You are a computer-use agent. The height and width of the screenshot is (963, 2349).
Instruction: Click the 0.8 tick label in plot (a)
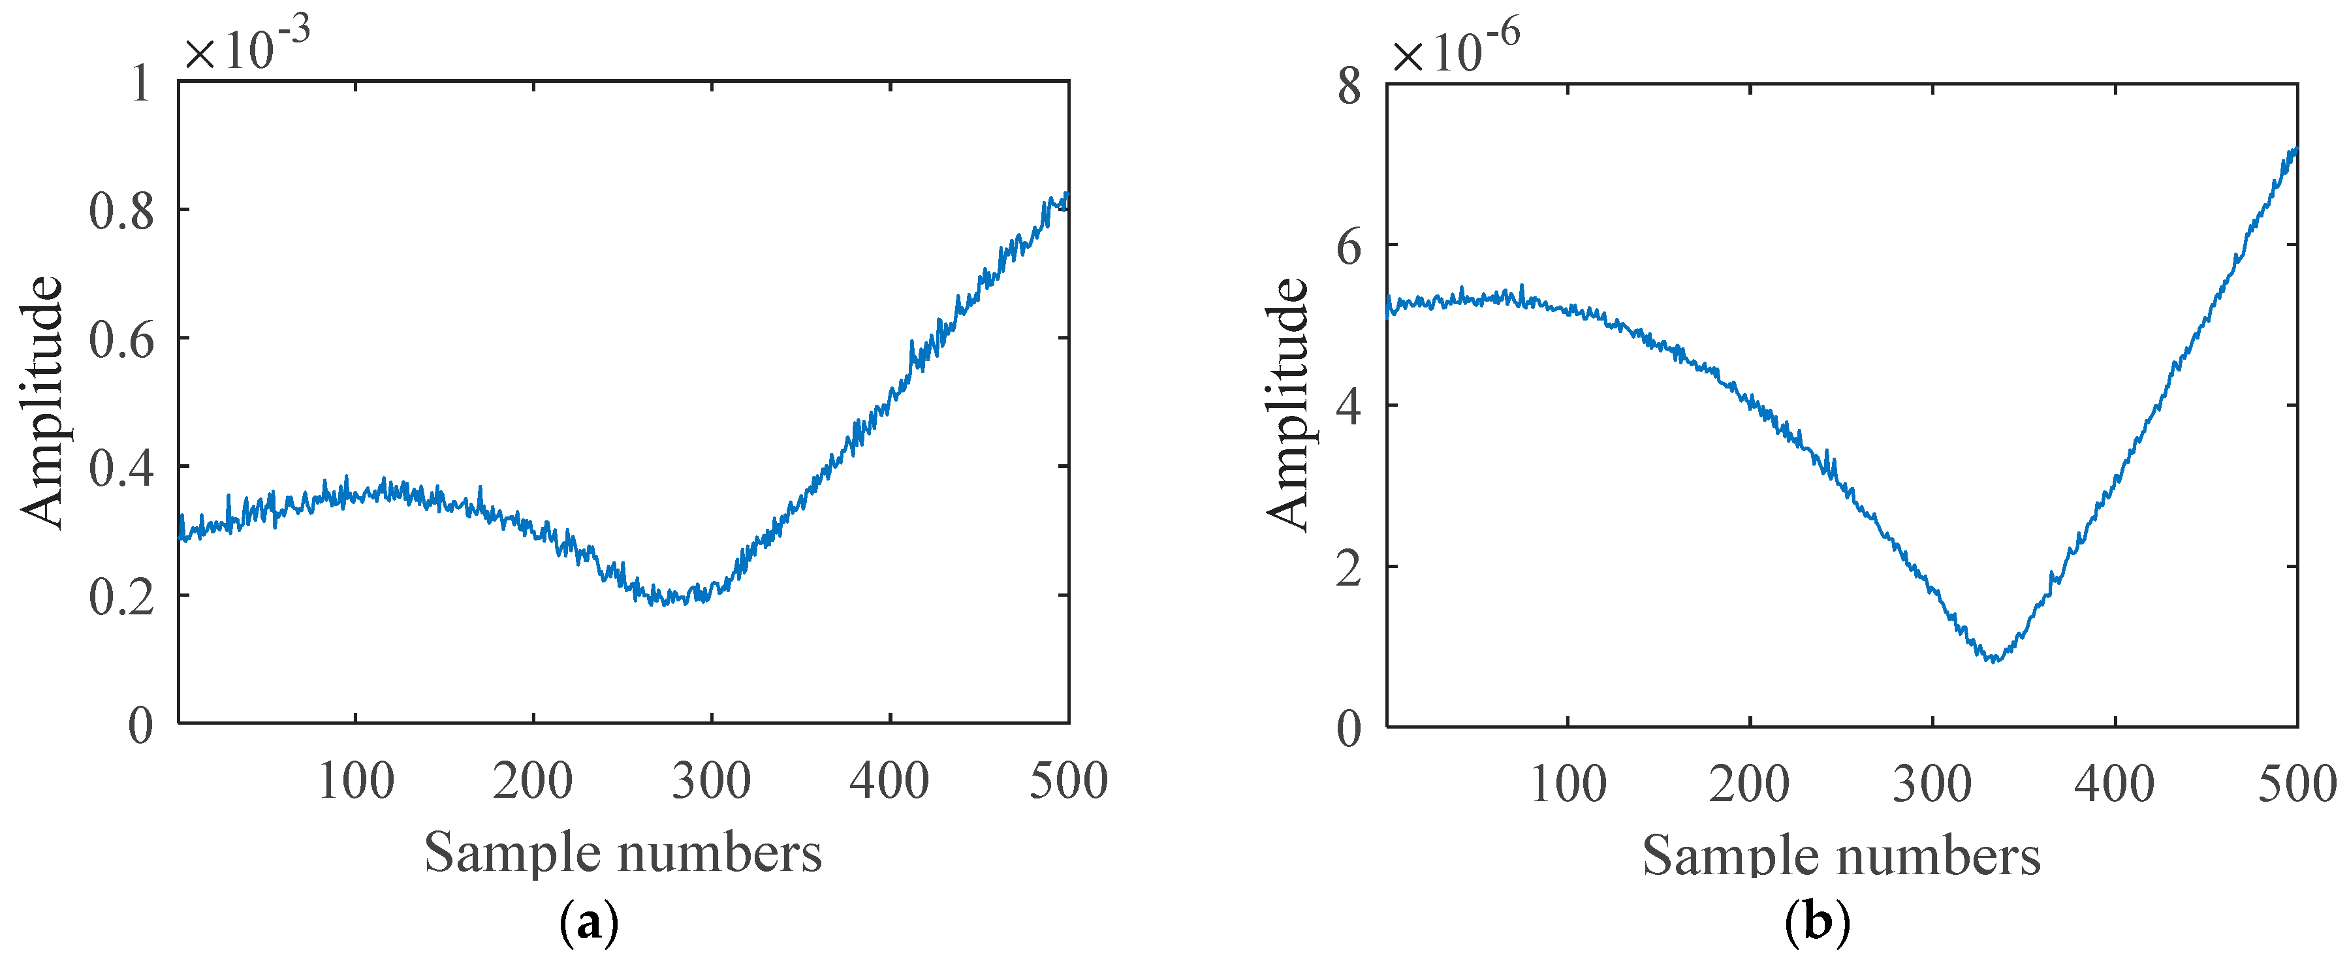121,211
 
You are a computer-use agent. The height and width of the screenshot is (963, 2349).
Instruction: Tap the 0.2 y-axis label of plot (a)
121,597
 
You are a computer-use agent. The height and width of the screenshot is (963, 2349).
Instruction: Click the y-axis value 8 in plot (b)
1349,88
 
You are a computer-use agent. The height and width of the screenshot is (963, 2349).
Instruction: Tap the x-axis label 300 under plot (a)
710,781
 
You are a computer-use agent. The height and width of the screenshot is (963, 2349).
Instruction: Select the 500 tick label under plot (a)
1068,781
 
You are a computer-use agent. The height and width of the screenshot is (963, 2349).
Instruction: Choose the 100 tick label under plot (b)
1568,784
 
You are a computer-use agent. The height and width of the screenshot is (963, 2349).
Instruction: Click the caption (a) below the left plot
588,924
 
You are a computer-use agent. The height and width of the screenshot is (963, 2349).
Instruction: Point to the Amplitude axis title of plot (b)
1287,404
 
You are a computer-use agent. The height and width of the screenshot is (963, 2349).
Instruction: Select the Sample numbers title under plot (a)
623,853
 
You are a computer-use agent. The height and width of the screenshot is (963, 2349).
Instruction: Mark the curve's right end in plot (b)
2295,150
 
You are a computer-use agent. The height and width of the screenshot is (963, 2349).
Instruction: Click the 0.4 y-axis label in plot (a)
121,469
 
